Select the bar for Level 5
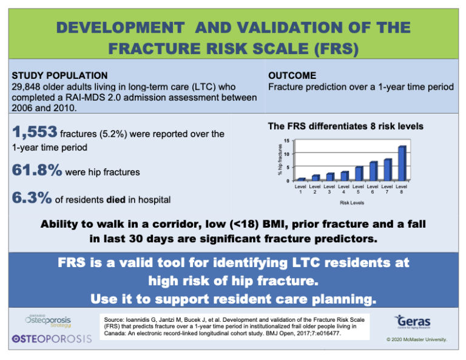359,173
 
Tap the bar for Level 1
301,179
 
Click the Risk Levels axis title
351,203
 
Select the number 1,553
35,132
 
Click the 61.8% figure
37,171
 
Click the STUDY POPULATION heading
60,75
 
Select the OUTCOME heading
292,75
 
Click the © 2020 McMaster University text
417,339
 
